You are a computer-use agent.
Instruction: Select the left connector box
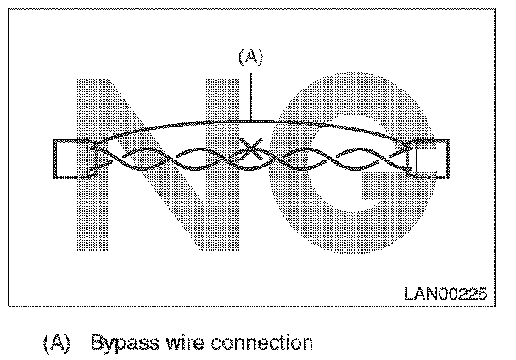69,159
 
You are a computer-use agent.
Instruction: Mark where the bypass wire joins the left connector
91,146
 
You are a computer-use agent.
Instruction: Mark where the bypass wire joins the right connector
416,146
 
